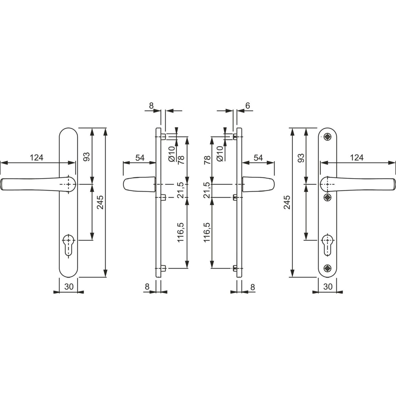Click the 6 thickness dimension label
click(247, 106)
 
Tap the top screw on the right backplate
click(327, 137)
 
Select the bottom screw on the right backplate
click(327, 268)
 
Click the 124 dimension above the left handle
click(37, 158)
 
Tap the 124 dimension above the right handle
click(357, 158)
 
